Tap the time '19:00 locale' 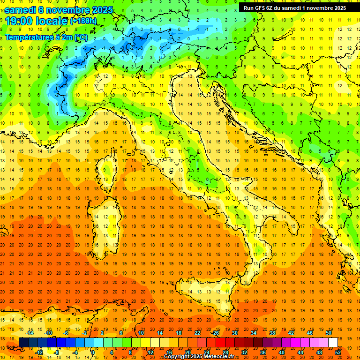coord(37,21)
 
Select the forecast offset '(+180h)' coord(83,21)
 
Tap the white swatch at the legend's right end coord(333,342)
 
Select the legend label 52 coord(338,352)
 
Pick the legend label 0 coord(93,352)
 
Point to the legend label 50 coord(328,333)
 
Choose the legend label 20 coord(187,352)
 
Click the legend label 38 coord(272,333)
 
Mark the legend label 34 coord(253,333)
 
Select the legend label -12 coord(39,352)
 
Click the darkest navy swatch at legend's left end coord(23,342)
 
